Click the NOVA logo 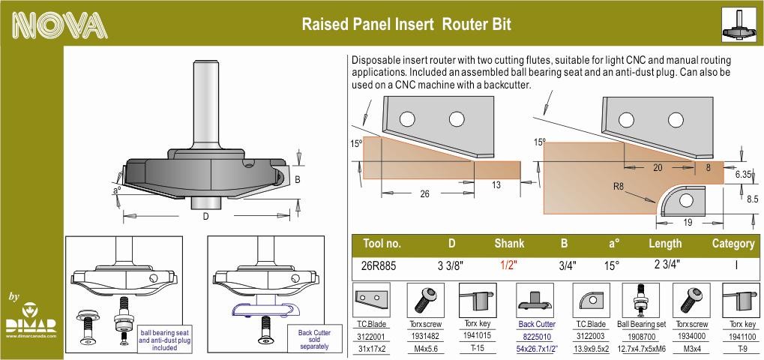tap(60, 25)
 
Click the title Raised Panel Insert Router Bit tap(406, 24)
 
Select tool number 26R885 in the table tap(379, 266)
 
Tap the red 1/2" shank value tap(508, 266)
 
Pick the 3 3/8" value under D tap(450, 266)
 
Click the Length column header tap(665, 244)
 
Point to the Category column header tap(733, 243)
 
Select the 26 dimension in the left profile tap(425, 193)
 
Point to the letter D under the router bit tap(205, 217)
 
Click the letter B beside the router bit tap(297, 180)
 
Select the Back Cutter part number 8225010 tap(537, 336)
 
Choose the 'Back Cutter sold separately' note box tap(314, 340)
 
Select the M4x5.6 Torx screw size tap(424, 348)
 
